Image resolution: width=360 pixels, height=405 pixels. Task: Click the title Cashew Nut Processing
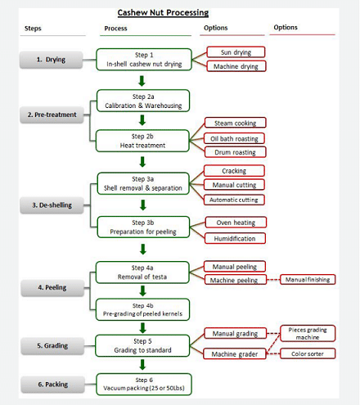tap(163, 13)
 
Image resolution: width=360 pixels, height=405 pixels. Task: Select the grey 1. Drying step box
tap(51, 60)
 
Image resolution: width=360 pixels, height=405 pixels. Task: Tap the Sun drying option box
tap(236, 52)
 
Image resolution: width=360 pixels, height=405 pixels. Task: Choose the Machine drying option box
tap(236, 66)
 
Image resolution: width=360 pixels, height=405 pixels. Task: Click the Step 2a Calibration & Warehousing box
tap(143, 101)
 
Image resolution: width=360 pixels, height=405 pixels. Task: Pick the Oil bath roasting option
tap(234, 138)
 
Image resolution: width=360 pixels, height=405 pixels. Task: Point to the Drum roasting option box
tap(235, 152)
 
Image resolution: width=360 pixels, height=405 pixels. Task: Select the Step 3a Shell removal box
tap(143, 183)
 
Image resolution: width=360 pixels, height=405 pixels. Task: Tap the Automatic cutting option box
tap(234, 200)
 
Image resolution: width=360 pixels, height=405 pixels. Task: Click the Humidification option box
tap(235, 238)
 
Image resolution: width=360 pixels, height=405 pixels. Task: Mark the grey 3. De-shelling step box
tap(52, 205)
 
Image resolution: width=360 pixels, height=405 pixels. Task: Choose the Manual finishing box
tap(308, 280)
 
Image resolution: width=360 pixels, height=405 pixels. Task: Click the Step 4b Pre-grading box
tap(142, 310)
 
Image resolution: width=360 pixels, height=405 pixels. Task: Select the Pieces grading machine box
tap(308, 333)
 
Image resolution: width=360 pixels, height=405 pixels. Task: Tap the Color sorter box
tap(308, 353)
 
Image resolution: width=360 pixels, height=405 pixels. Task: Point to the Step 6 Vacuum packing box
tap(144, 385)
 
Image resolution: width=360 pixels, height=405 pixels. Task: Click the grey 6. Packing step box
tap(53, 385)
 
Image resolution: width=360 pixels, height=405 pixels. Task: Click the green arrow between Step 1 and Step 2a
tap(142, 81)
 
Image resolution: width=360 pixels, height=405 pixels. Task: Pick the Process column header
tap(115, 29)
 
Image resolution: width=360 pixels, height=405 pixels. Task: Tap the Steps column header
tap(33, 29)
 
